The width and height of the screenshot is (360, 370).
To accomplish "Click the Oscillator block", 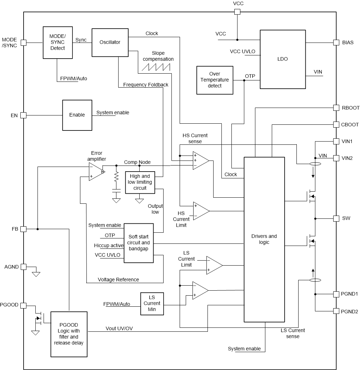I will point(110,42).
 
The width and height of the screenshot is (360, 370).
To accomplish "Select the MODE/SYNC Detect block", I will point(57,42).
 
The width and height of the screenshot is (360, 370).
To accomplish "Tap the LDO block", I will point(282,59).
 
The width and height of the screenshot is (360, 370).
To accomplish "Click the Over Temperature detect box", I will point(215,80).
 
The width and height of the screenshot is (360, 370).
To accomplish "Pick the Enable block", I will point(77,115).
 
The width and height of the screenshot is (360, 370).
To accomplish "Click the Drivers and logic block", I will point(264,239).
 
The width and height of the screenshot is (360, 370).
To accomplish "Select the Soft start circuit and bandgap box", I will point(139,243).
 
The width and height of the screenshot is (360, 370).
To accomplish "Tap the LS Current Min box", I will point(152,304).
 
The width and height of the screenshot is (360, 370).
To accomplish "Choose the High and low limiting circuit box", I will point(140,182).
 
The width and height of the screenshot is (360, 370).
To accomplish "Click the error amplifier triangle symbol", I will point(96,172).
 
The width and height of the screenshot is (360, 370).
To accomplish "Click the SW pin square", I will point(336,218).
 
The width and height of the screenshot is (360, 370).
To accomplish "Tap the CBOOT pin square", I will point(336,124).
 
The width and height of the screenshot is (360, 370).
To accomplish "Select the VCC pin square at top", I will point(237,12).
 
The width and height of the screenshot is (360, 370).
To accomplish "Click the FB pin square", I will point(24,229).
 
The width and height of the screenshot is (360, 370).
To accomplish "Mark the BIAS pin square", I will point(336,43).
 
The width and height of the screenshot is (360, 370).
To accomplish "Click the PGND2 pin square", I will point(336,311).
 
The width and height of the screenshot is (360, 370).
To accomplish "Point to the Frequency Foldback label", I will point(145,85).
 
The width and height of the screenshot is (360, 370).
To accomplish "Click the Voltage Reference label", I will point(118,280).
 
